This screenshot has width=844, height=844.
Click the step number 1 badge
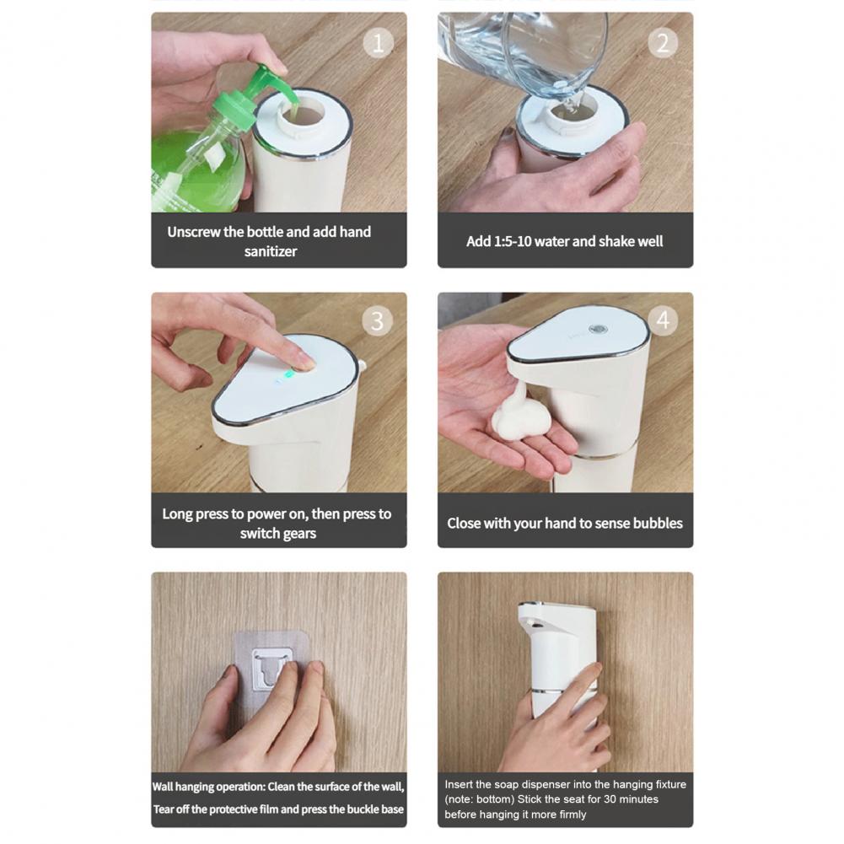click(x=378, y=43)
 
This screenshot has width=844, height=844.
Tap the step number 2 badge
click(x=663, y=43)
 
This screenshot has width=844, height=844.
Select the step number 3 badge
click(x=378, y=321)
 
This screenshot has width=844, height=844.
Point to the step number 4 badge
click(x=663, y=321)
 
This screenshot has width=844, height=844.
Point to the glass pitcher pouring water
click(x=523, y=51)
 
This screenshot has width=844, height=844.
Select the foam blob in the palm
click(x=519, y=418)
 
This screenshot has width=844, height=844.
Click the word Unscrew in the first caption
click(x=196, y=232)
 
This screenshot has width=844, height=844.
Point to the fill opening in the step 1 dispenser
click(x=299, y=114)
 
